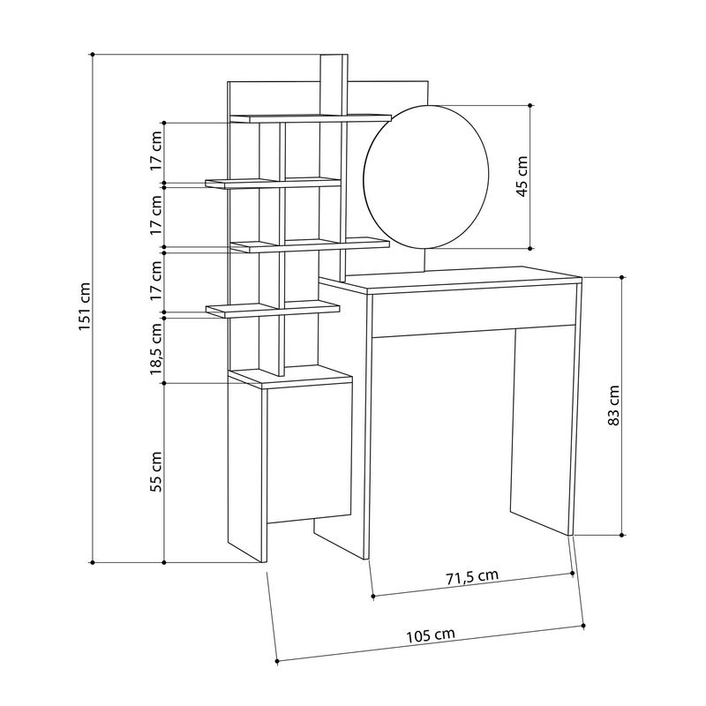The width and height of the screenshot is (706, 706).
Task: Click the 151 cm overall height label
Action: tap(84, 307)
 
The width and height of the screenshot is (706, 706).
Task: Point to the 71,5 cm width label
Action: tap(471, 577)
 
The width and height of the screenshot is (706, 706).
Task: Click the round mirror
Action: tap(425, 176)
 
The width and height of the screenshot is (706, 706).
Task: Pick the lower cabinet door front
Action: tap(309, 450)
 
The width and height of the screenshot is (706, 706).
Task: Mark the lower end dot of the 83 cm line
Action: tap(624, 535)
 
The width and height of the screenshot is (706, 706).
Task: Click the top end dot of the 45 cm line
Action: tap(530, 105)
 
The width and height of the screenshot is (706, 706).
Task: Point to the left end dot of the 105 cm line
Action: tap(277, 660)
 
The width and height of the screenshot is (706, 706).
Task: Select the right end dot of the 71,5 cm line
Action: tap(574, 573)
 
